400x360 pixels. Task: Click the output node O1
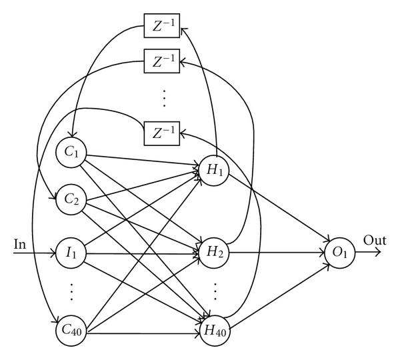point(341,253)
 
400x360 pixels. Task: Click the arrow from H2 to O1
point(280,253)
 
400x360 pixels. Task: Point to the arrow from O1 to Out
point(370,253)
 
